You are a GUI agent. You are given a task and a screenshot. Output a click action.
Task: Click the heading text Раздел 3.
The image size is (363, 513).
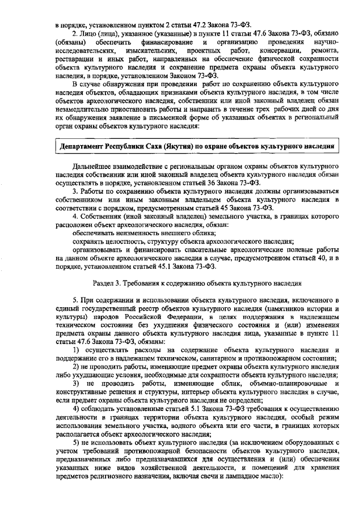110,282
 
